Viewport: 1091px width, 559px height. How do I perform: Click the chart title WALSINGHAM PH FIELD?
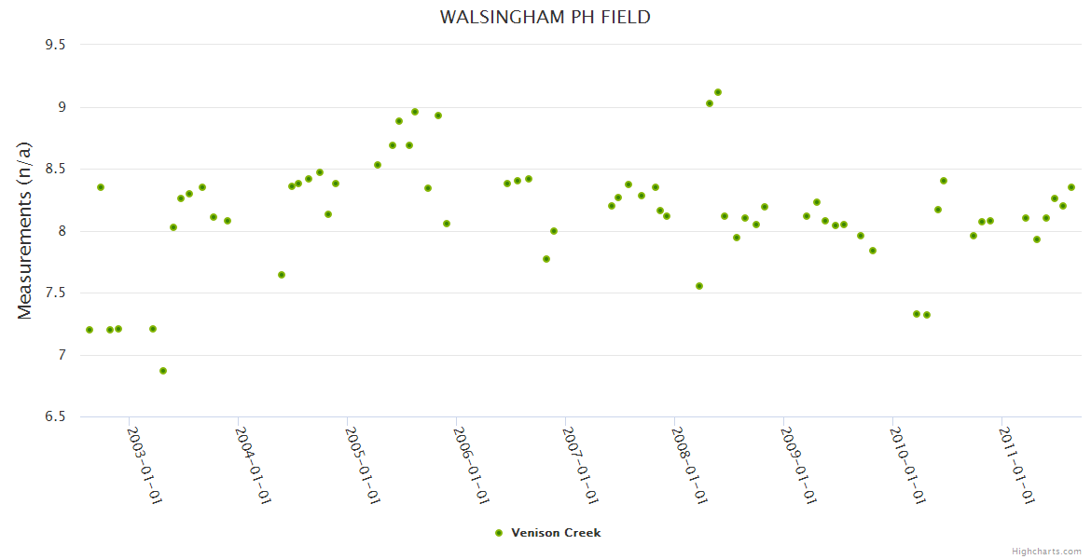click(x=545, y=18)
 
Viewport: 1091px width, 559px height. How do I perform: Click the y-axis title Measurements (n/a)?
click(x=25, y=230)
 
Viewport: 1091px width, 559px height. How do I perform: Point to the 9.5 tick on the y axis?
click(x=62, y=45)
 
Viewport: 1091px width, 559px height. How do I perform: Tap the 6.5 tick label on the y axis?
click(x=62, y=416)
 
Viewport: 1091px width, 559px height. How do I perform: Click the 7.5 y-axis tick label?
click(x=62, y=293)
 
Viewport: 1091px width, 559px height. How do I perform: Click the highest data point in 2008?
click(x=718, y=92)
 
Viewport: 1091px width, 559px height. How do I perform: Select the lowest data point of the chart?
click(x=163, y=371)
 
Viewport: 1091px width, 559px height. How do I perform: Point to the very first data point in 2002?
click(x=90, y=330)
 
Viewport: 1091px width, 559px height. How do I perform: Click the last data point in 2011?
click(x=1071, y=187)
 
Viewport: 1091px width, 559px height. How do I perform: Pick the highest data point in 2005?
click(x=415, y=112)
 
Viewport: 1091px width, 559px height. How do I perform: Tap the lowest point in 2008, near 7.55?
click(x=699, y=286)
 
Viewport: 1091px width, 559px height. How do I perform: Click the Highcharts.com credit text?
click(x=1046, y=552)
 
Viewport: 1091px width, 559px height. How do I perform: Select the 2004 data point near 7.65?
click(x=282, y=275)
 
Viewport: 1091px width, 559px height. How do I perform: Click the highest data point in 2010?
click(x=944, y=181)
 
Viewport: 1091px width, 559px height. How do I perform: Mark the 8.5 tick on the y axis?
click(x=62, y=169)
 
